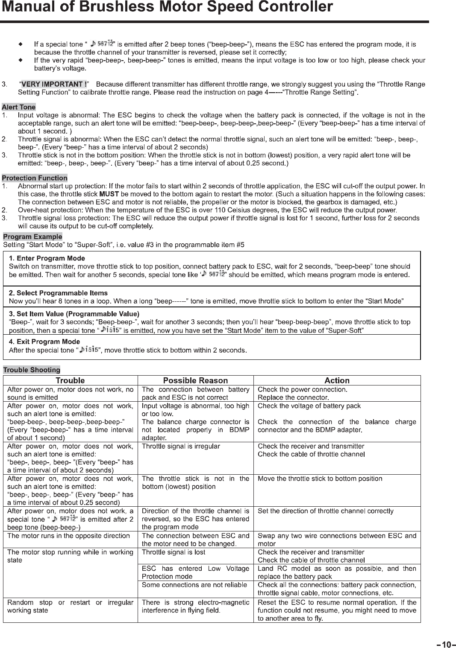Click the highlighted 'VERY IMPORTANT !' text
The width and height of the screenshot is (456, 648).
point(54,84)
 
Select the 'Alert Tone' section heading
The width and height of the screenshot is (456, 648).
point(19,107)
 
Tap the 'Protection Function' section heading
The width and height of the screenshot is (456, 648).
point(35,178)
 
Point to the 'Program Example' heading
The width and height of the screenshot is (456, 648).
point(32,236)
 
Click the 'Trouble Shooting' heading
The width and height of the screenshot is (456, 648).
point(32,370)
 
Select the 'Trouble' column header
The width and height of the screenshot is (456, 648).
point(70,380)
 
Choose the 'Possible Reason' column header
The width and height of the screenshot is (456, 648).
point(195,380)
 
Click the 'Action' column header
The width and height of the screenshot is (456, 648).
point(337,380)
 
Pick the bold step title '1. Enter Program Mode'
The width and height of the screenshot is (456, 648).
point(47,258)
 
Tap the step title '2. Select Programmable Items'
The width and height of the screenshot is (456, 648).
point(58,293)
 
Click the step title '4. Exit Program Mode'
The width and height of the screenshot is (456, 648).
point(44,342)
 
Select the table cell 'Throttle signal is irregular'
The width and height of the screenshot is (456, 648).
point(181,446)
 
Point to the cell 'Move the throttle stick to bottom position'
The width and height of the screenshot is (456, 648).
point(320,479)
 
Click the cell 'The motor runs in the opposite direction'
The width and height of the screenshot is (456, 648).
point(68,536)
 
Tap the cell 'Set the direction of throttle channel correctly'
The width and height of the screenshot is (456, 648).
point(325,511)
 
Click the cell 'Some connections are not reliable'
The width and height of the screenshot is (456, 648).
point(194,585)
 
